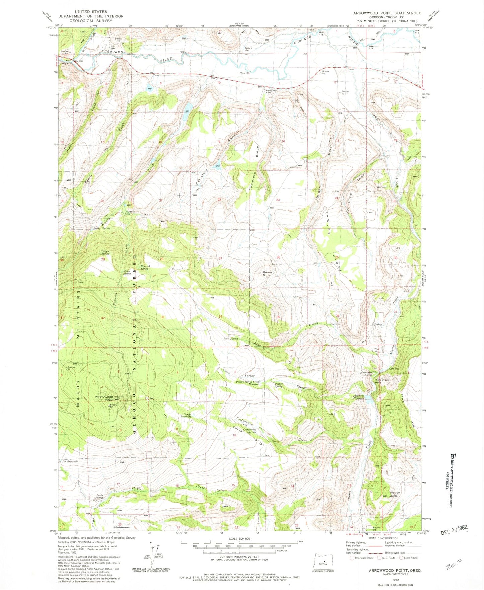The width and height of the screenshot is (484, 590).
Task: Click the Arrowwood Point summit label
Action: click(x=104, y=398)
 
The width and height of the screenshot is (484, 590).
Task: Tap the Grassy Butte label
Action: click(x=267, y=274)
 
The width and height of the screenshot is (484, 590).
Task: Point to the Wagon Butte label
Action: click(x=394, y=494)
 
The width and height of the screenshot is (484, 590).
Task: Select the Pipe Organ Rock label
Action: click(x=382, y=381)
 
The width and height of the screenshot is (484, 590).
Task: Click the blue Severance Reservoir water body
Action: click(x=368, y=399)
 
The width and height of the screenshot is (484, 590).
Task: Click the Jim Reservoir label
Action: click(x=70, y=461)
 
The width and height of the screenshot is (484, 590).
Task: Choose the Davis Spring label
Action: click(x=99, y=496)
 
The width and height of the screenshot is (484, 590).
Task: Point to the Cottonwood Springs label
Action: click(x=250, y=431)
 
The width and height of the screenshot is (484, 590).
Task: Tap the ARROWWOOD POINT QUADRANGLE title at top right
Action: click(x=387, y=13)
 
